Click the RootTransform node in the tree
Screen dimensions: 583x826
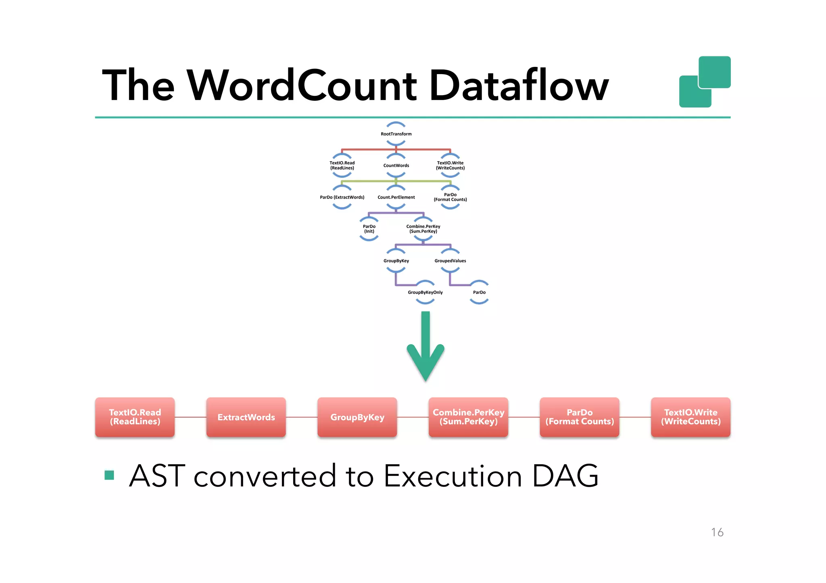pyautogui.click(x=396, y=134)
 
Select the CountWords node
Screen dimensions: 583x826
pyautogui.click(x=396, y=165)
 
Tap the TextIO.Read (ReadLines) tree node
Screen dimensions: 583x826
pyautogui.click(x=342, y=165)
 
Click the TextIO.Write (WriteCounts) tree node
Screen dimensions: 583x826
pyautogui.click(x=450, y=165)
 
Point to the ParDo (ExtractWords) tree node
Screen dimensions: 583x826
pyautogui.click(x=342, y=197)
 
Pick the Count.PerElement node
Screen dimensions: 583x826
pyautogui.click(x=396, y=197)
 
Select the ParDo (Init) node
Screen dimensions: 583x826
pyautogui.click(x=369, y=229)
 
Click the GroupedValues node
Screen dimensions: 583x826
pyautogui.click(x=450, y=261)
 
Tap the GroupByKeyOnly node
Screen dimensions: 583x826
pyautogui.click(x=425, y=292)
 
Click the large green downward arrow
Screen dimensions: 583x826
pyautogui.click(x=426, y=346)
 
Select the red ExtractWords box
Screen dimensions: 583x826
pyautogui.click(x=246, y=417)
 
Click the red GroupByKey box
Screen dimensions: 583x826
pyautogui.click(x=357, y=417)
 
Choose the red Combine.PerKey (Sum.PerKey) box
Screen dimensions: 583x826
pyautogui.click(x=468, y=417)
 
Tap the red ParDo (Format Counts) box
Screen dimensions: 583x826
pyautogui.click(x=580, y=417)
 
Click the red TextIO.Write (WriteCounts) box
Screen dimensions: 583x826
pyautogui.click(x=690, y=417)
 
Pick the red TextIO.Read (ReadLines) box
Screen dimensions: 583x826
pyautogui.click(x=135, y=417)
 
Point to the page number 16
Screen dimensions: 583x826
pyautogui.click(x=717, y=532)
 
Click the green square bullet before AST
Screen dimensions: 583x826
pyautogui.click(x=109, y=475)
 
